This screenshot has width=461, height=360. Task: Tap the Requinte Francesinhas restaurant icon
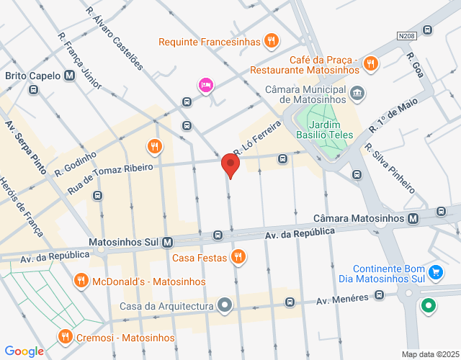click(x=271, y=41)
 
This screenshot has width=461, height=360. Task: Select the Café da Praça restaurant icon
click(x=371, y=63)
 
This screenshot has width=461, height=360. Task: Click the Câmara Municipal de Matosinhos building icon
click(x=357, y=93)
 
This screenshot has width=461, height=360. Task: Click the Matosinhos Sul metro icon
click(x=167, y=243)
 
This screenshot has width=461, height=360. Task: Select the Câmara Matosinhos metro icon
click(x=413, y=218)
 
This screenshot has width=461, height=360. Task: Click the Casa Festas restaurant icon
click(x=238, y=257)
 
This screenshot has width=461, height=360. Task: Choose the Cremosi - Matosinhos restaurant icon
click(x=65, y=336)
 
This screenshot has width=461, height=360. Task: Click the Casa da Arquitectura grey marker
click(x=225, y=306)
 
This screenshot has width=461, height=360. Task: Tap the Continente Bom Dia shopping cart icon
click(x=435, y=272)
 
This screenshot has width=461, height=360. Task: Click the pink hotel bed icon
click(x=206, y=86)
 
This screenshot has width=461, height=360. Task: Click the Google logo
click(x=24, y=351)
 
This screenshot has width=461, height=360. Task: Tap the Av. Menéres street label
click(x=342, y=297)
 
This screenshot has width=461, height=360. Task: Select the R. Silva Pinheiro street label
click(x=390, y=168)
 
